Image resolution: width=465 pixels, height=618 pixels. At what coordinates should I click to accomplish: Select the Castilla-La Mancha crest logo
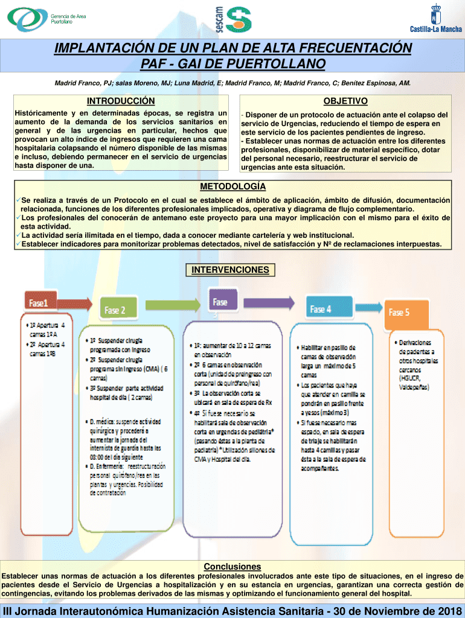point(435,18)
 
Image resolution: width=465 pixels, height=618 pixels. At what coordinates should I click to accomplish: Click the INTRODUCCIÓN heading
point(121,101)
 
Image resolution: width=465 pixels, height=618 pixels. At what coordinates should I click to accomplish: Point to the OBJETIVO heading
point(345,101)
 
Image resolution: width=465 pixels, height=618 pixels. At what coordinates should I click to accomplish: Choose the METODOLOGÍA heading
point(232,186)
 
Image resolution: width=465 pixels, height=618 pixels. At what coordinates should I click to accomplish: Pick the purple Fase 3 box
point(221,304)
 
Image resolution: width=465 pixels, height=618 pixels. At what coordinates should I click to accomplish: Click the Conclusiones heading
point(232,566)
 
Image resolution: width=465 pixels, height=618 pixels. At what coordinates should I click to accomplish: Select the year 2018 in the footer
point(445,610)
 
